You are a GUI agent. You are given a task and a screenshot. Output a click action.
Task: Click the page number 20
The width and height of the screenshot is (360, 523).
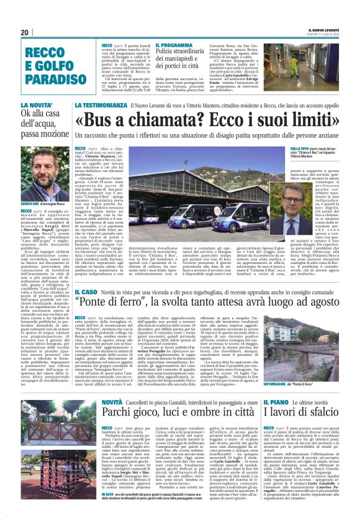coord(24,32)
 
